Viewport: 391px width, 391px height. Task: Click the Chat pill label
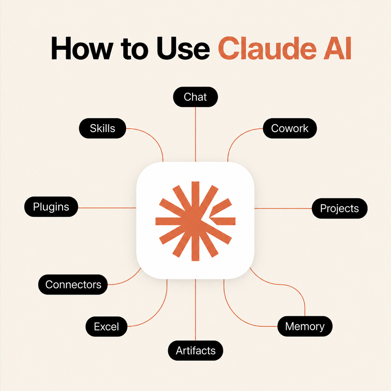(x=195, y=97)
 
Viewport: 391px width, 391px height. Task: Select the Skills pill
(x=103, y=128)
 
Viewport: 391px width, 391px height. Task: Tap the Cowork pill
(x=290, y=128)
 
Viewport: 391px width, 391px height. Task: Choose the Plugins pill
(x=51, y=206)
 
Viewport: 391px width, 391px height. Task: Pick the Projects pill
(x=340, y=208)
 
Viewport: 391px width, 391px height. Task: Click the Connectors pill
(x=73, y=284)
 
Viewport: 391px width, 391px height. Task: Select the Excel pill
(x=106, y=326)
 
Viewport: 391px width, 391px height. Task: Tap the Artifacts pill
(x=195, y=350)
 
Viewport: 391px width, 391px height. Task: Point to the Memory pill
(x=305, y=326)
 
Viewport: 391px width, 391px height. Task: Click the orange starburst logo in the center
(x=195, y=221)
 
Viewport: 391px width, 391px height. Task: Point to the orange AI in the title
(x=337, y=48)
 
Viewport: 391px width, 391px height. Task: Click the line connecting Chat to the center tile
(x=195, y=134)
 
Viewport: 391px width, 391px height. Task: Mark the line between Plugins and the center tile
(x=107, y=208)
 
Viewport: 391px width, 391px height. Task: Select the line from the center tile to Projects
(x=283, y=208)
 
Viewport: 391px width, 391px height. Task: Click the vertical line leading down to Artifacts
(x=195, y=310)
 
